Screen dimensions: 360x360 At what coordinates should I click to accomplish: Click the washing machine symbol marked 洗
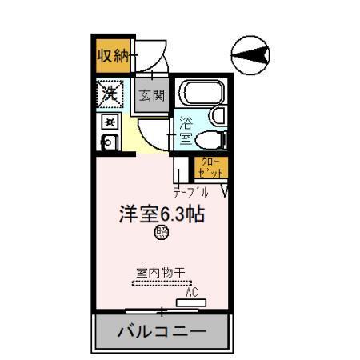[109, 93]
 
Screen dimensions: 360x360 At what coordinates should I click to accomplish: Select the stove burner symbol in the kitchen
[110, 121]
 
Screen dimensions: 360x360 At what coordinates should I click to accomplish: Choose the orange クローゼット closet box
[210, 167]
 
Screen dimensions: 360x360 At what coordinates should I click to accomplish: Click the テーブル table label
[192, 192]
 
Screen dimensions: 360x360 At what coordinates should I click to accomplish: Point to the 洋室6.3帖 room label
[160, 214]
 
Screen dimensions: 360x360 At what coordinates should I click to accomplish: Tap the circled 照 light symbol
[161, 234]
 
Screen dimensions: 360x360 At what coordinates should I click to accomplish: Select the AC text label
[192, 293]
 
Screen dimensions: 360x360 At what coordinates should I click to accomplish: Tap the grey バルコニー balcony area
[162, 330]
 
